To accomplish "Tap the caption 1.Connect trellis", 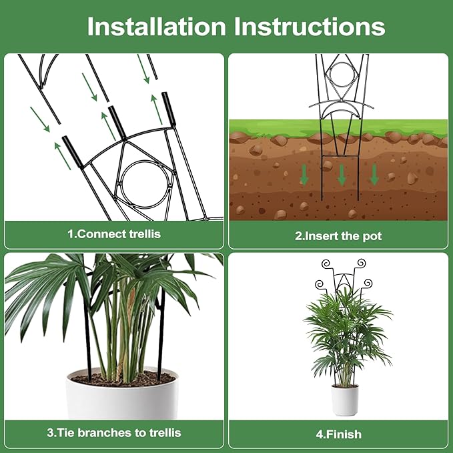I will [x=114, y=234].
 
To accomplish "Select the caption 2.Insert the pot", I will [x=338, y=236].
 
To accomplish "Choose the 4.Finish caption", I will [x=338, y=434].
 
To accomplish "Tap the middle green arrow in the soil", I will [x=342, y=175].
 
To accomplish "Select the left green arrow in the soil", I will [x=304, y=175].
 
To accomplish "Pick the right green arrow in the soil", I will [x=374, y=174].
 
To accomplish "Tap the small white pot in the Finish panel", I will [x=345, y=400].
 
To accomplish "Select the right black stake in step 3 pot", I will [x=160, y=340].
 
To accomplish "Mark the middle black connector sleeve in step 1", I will [x=118, y=120].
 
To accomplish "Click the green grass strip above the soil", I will [x=400, y=127].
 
